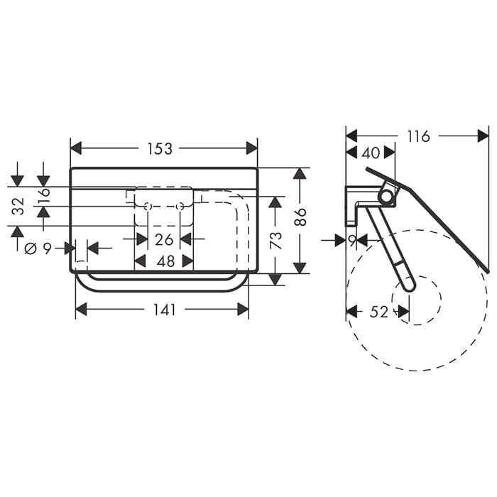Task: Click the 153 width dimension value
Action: [x=160, y=148]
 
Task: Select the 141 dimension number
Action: [x=165, y=310]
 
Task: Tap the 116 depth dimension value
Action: [x=418, y=136]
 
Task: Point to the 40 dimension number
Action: [x=371, y=153]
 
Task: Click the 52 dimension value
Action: [x=378, y=312]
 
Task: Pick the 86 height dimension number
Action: [x=301, y=217]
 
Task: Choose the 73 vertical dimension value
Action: [x=275, y=240]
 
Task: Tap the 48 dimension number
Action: [x=165, y=261]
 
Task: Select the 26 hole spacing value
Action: [x=164, y=240]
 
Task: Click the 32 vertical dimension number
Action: [x=18, y=206]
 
